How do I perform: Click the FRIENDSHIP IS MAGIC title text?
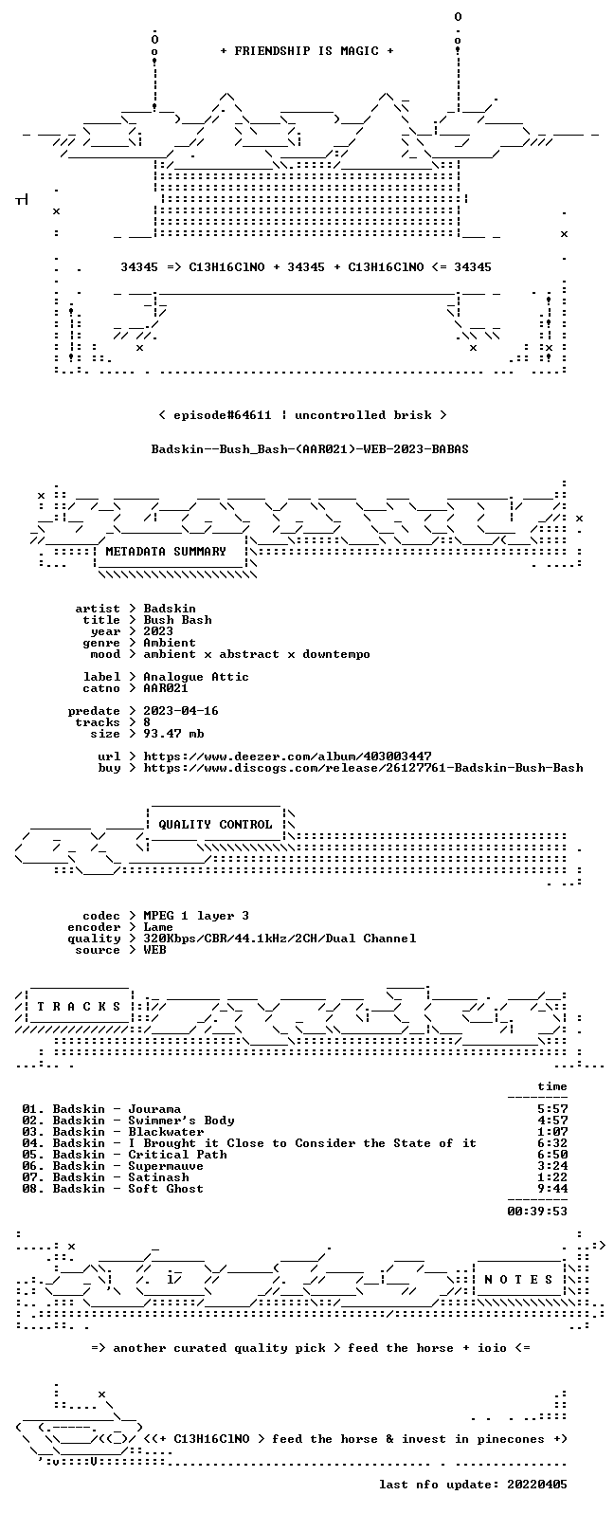(307, 51)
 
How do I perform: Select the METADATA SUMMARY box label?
(166, 552)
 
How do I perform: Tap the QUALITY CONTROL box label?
(215, 825)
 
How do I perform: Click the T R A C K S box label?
(79, 1007)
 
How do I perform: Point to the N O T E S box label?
(518, 1279)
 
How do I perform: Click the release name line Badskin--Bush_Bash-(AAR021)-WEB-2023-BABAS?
(310, 449)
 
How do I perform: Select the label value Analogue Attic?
(196, 677)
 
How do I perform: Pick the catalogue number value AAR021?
(166, 688)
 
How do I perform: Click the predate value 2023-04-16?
(181, 711)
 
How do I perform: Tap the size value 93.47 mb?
(173, 734)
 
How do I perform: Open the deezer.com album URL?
(288, 756)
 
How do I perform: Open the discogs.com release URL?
(364, 768)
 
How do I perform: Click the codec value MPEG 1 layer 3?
(196, 916)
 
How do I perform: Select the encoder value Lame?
(158, 927)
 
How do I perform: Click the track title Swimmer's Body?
(181, 1121)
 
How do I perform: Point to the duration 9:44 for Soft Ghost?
(552, 1189)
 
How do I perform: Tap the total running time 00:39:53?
(537, 1212)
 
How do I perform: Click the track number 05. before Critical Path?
(33, 1155)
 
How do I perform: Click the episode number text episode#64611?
(223, 415)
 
